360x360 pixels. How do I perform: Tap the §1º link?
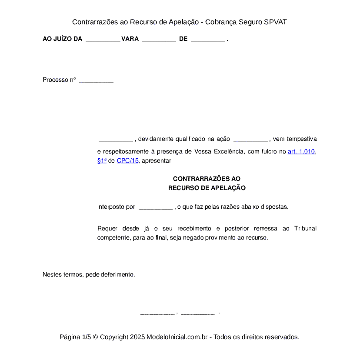[x=102, y=161]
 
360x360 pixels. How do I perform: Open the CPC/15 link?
[x=127, y=161]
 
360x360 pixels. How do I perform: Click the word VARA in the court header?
[x=130, y=39]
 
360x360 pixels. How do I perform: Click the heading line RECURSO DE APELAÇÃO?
[x=207, y=188]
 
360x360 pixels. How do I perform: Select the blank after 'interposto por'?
[x=156, y=207]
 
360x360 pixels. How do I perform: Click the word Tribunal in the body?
[x=305, y=229]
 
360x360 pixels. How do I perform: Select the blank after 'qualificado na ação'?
[x=251, y=140]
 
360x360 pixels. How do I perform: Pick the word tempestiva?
[x=301, y=139]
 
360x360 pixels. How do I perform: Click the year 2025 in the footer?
[x=137, y=337]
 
